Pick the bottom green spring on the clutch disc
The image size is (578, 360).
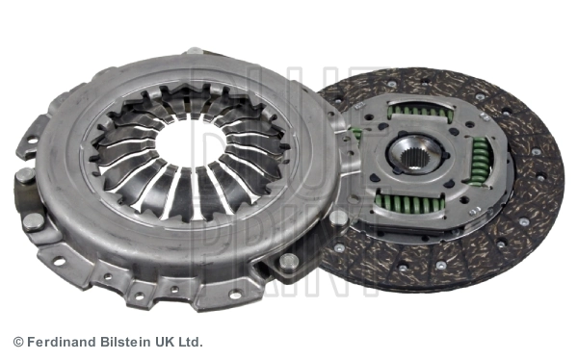409,203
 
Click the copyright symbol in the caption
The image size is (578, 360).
18,342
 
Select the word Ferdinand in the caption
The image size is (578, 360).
60,342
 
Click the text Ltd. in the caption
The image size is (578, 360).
192,342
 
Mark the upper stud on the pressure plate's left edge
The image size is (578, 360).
24,176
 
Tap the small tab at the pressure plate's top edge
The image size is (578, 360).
195,51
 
